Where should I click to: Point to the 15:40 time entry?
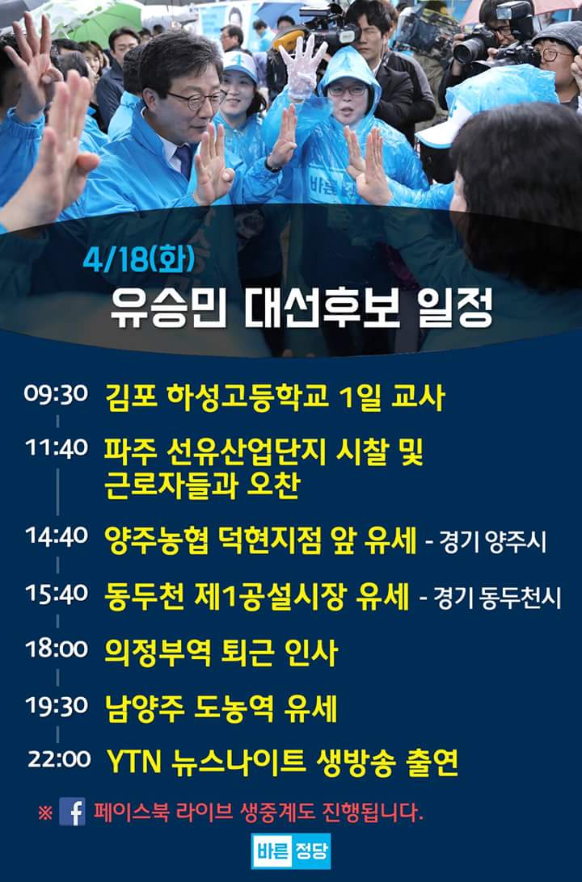point(56,594)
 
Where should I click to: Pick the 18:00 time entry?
point(56,649)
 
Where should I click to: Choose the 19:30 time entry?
point(56,705)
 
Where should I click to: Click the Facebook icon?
point(72,811)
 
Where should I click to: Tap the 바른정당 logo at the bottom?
point(291,850)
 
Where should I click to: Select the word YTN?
point(133,760)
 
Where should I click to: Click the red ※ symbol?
point(45,811)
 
